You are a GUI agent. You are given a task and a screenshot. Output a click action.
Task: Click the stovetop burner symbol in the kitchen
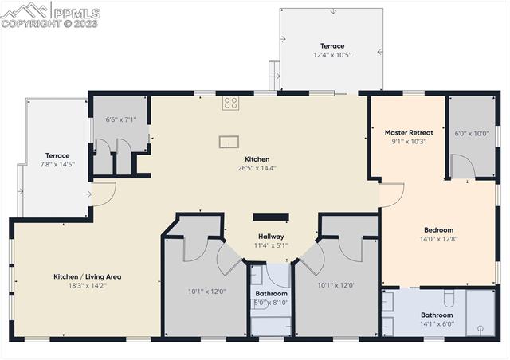pos(230,102)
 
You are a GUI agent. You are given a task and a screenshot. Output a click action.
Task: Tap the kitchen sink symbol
pos(229,142)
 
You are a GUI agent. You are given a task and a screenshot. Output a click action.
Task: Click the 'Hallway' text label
pos(271,237)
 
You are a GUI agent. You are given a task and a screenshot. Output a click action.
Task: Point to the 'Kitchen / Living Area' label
pos(87,276)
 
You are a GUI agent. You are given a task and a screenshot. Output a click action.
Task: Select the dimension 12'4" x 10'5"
pos(332,55)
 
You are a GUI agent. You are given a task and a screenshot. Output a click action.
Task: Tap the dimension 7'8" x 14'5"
pos(57,164)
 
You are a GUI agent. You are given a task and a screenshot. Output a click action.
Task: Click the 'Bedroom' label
pos(438,229)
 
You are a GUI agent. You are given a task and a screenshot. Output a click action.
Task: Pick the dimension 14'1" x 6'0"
pos(437,323)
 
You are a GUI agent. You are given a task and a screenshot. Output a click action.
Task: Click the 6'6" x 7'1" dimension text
pos(121,120)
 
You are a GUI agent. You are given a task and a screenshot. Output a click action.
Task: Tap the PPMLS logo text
pos(76,12)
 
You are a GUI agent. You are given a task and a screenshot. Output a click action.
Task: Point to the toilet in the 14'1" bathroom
pos(449,299)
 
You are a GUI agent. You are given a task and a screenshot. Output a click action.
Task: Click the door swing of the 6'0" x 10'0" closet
pos(462,166)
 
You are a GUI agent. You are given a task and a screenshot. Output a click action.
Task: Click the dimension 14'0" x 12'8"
pos(438,238)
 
